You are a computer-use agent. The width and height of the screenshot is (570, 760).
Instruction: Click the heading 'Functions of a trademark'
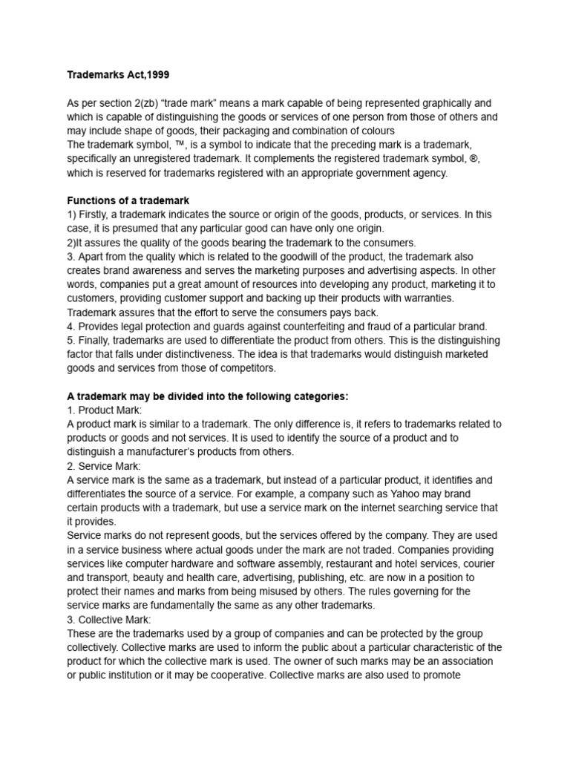coord(128,200)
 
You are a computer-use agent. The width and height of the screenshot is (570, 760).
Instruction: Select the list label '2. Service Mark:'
coord(104,465)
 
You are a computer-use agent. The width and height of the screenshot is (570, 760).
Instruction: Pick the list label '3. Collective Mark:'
coord(108,619)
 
